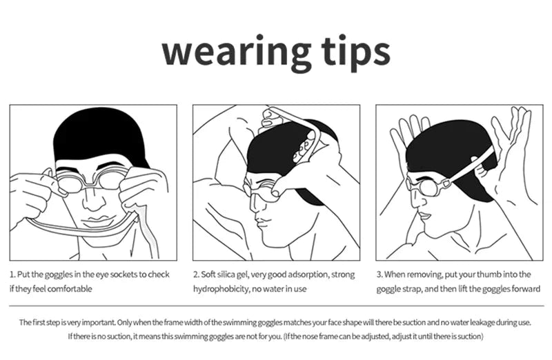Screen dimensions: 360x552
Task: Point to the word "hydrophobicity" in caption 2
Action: click(222, 289)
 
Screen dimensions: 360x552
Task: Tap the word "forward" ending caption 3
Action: click(523, 289)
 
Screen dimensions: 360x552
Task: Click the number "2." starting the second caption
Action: click(196, 274)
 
